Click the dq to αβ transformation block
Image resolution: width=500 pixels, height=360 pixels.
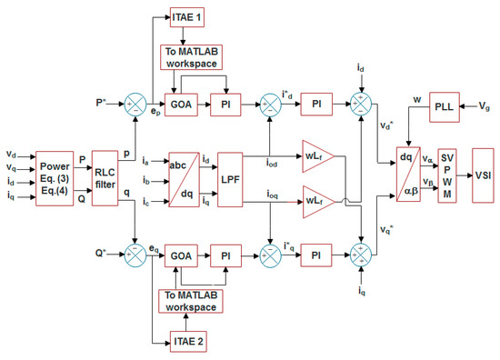pos(412,171)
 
